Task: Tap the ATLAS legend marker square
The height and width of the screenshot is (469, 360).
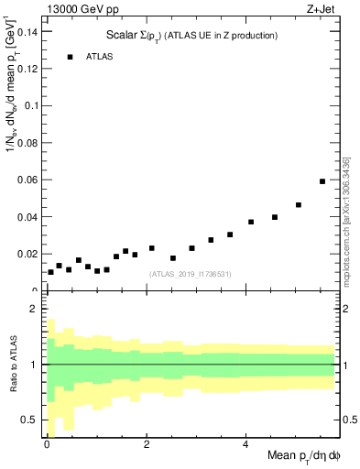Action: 69,57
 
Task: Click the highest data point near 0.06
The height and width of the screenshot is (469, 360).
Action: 322,181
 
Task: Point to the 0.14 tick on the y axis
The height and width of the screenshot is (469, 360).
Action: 27,31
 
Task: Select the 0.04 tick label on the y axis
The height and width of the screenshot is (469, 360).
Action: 27,217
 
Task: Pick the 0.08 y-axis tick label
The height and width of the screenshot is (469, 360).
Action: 27,143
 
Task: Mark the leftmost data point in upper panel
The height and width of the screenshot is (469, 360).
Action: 50,272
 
